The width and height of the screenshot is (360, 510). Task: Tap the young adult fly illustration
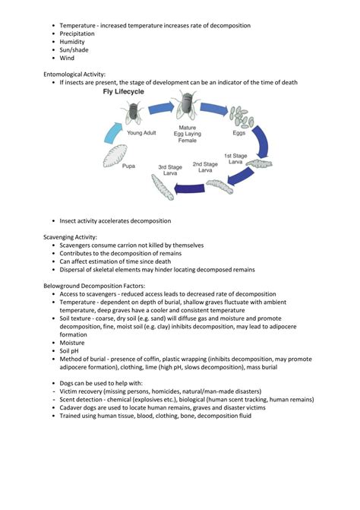tap(133, 112)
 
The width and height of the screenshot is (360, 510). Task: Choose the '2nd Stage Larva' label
tap(205, 167)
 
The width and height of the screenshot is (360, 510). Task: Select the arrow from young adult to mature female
tap(159, 108)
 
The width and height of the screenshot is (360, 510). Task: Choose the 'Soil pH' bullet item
tap(71, 351)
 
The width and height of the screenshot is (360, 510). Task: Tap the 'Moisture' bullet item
tap(72, 343)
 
